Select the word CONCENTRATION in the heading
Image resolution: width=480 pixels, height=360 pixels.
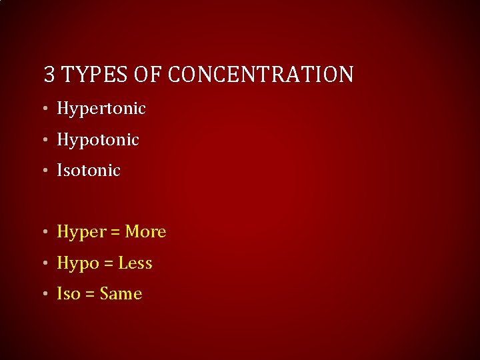(261, 74)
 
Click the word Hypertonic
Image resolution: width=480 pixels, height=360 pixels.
(101, 109)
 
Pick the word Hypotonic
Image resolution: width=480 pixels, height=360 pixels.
(98, 140)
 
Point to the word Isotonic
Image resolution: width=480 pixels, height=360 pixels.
(89, 171)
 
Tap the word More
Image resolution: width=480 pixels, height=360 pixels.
(145, 232)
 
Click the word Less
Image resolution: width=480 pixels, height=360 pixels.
(135, 263)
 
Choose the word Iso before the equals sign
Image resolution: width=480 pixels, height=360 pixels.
(69, 294)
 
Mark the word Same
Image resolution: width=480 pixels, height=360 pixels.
(121, 294)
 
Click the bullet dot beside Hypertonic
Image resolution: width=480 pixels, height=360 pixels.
(47, 109)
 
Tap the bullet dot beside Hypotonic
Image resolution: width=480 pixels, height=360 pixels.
(47, 140)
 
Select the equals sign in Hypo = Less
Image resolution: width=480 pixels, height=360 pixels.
(109, 264)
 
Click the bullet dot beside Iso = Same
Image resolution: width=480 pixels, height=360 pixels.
(47, 295)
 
